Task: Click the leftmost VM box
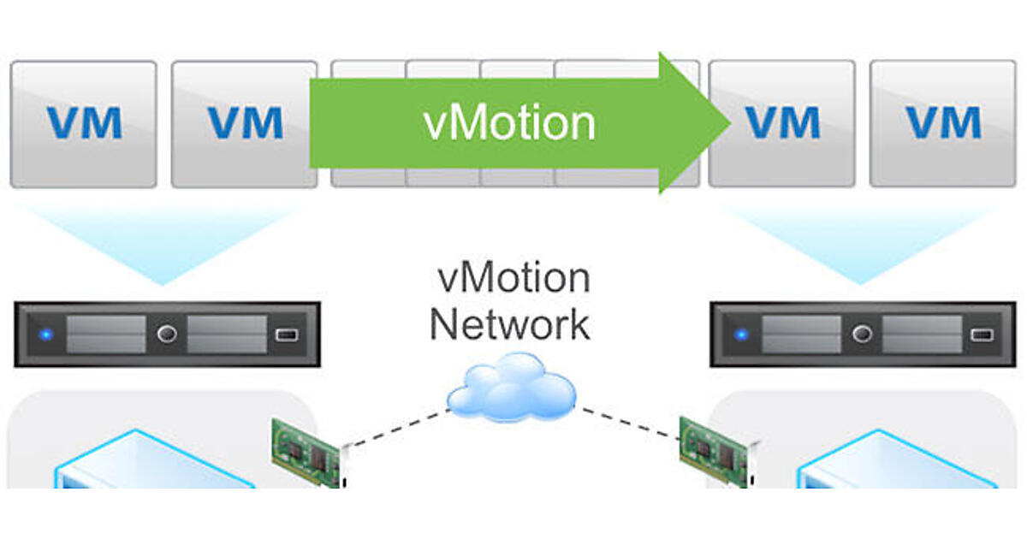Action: [x=83, y=123]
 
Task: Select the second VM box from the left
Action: [x=244, y=123]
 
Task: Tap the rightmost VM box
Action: [x=942, y=123]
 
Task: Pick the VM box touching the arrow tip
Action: [x=781, y=123]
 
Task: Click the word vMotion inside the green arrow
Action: [x=509, y=123]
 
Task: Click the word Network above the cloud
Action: [x=510, y=325]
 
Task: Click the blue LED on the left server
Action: [x=47, y=334]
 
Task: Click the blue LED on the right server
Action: [x=742, y=334]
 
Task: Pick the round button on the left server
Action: [x=167, y=334]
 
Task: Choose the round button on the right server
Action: [x=862, y=334]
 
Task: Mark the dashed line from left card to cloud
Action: [x=395, y=428]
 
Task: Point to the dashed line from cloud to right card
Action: [x=629, y=423]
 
